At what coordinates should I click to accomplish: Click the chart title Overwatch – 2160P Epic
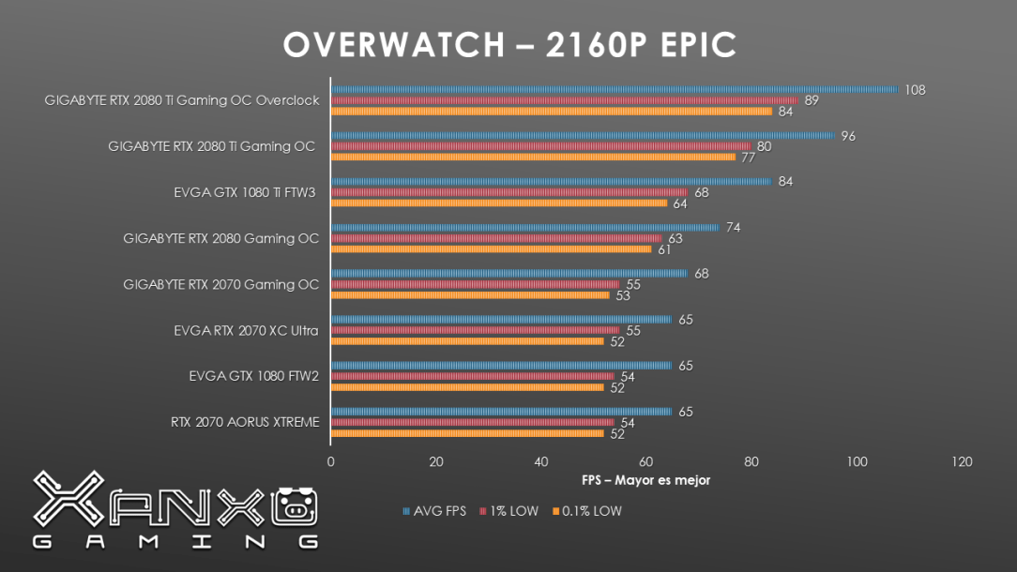click(x=509, y=45)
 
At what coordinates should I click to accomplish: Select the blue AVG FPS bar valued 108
click(x=615, y=90)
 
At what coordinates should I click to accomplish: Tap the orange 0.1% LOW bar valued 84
click(x=552, y=111)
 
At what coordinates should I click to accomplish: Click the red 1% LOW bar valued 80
click(x=541, y=146)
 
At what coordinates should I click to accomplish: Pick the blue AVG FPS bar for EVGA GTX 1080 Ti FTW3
click(x=552, y=182)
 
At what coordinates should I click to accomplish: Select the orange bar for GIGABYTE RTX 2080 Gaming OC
click(x=491, y=248)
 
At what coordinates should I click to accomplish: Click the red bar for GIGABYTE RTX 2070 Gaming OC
click(x=476, y=284)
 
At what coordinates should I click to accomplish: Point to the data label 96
click(x=848, y=136)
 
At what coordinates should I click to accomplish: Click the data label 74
click(x=734, y=228)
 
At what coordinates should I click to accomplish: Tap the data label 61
click(x=664, y=249)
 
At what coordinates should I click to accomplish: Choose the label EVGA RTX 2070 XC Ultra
click(x=246, y=330)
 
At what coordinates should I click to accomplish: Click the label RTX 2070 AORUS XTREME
click(x=245, y=422)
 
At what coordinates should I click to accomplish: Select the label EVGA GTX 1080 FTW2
click(x=253, y=376)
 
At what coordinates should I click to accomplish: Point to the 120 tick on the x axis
click(x=962, y=461)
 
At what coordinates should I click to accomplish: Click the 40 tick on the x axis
click(x=541, y=461)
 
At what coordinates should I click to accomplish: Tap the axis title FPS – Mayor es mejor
click(x=645, y=480)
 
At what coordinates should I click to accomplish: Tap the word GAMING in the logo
click(x=175, y=541)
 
